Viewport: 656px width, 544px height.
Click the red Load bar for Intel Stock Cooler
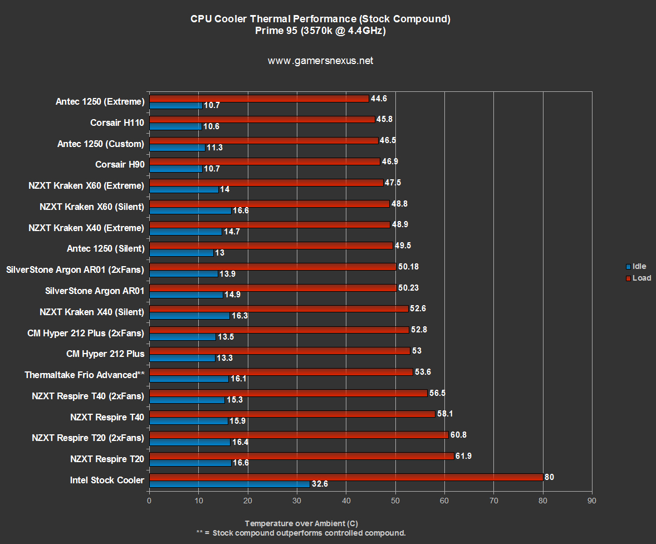(x=346, y=477)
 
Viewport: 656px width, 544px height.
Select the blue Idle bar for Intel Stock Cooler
(x=229, y=484)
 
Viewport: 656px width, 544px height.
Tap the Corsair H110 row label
(x=117, y=122)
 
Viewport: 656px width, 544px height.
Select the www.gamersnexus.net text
(x=320, y=61)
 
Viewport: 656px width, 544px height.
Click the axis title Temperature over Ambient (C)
(x=301, y=523)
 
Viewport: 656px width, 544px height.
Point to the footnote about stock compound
(x=301, y=533)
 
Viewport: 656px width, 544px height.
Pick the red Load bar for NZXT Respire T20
(x=301, y=456)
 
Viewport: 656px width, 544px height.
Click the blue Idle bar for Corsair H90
(x=175, y=168)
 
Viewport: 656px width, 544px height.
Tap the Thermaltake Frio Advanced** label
(x=84, y=375)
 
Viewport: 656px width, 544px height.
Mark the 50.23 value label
(x=408, y=288)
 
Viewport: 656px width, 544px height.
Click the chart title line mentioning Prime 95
(x=320, y=31)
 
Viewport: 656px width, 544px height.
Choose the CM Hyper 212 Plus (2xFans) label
(x=85, y=333)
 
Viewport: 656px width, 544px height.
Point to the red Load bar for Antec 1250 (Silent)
(x=271, y=246)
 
